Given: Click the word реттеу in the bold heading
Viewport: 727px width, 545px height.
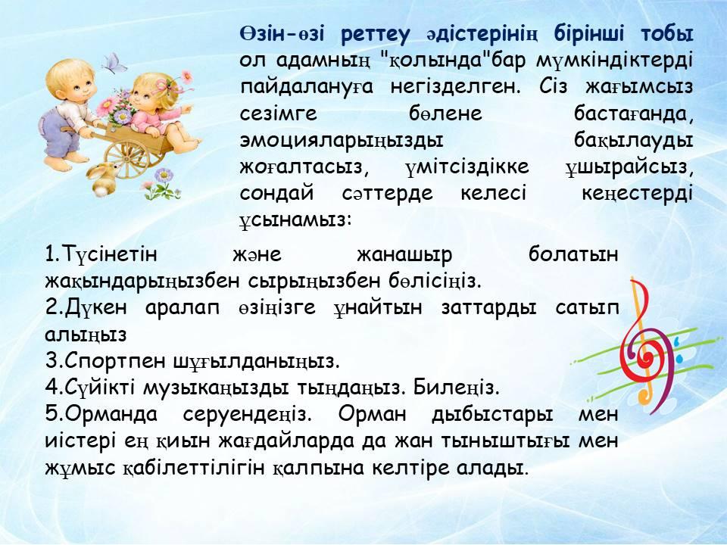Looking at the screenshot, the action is (376, 35).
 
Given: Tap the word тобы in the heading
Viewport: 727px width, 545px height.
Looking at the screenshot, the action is (666, 34).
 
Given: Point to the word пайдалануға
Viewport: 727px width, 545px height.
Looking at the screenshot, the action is (307, 88).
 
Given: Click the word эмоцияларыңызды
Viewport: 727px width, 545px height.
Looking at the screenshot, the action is (342, 141).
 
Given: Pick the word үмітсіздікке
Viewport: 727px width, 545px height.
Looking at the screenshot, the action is (467, 167).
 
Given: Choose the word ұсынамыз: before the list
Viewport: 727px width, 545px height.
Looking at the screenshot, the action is (296, 220).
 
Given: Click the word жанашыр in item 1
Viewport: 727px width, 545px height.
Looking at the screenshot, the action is (404, 255).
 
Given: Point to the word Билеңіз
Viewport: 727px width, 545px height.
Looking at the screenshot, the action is (456, 388).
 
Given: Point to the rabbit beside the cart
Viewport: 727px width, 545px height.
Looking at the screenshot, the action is (102, 179).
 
